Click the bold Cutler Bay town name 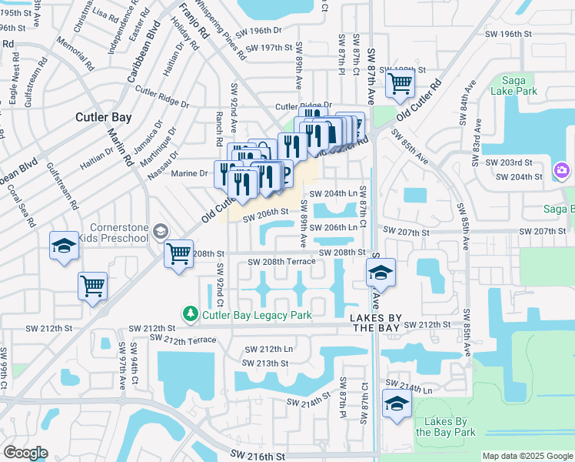[103, 118]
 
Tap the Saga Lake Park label [524, 85]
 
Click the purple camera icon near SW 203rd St [562, 169]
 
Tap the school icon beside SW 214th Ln [396, 403]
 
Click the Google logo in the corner [26, 452]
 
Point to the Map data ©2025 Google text [527, 456]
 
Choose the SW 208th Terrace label [281, 263]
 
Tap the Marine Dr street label [194, 173]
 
